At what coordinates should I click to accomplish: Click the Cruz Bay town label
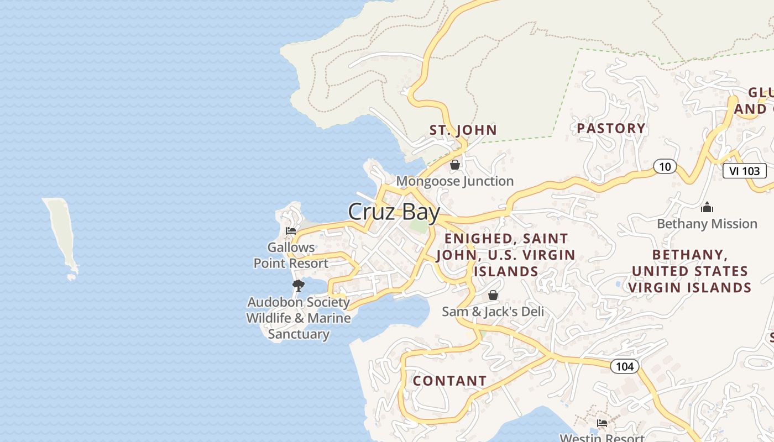pyautogui.click(x=394, y=212)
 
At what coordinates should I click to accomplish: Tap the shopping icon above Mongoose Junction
pyautogui.click(x=455, y=165)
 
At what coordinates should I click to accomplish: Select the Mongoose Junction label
pyautogui.click(x=454, y=181)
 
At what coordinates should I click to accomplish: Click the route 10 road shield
pyautogui.click(x=665, y=166)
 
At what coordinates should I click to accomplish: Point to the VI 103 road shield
pyautogui.click(x=744, y=171)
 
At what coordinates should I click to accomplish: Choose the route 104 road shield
pyautogui.click(x=625, y=366)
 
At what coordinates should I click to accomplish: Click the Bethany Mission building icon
pyautogui.click(x=707, y=208)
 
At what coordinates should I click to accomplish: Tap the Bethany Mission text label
pyautogui.click(x=707, y=224)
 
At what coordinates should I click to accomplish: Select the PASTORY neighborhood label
pyautogui.click(x=611, y=129)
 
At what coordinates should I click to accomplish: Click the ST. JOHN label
pyautogui.click(x=463, y=130)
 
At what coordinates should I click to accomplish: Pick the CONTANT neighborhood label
pyautogui.click(x=449, y=381)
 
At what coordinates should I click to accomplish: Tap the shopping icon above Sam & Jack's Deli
pyautogui.click(x=493, y=295)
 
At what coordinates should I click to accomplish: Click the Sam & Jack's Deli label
pyautogui.click(x=493, y=312)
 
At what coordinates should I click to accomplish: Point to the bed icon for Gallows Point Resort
pyautogui.click(x=291, y=231)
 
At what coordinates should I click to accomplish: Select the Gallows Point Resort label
pyautogui.click(x=291, y=255)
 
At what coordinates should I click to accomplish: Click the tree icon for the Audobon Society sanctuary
pyautogui.click(x=299, y=286)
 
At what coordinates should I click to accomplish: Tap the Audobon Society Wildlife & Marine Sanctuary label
pyautogui.click(x=299, y=318)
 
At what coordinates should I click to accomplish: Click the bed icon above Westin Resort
pyautogui.click(x=602, y=423)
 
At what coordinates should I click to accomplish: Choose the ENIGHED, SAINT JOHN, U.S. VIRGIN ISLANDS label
pyautogui.click(x=506, y=255)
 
